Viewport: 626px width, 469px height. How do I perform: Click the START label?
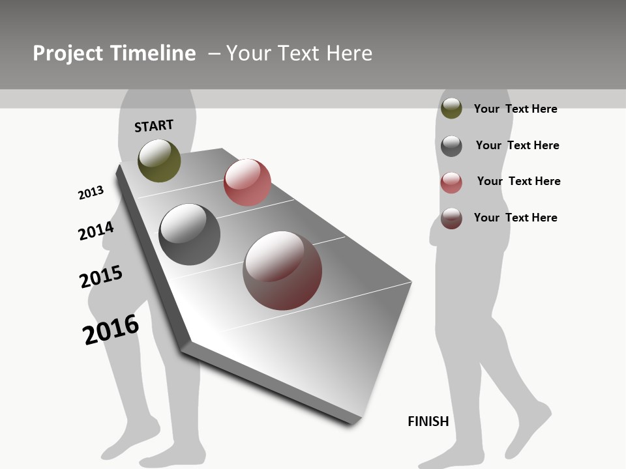click(154, 126)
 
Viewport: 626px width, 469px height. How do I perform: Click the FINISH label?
click(428, 421)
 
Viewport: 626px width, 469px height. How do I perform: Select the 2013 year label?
click(91, 193)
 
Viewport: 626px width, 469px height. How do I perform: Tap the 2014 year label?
click(96, 231)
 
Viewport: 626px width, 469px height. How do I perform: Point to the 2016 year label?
click(111, 330)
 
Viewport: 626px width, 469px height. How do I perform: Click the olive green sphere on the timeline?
click(159, 161)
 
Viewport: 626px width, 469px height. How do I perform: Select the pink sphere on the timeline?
click(247, 182)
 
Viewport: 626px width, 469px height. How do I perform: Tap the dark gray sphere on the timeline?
click(189, 234)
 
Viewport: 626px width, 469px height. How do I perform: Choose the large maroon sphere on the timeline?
click(282, 270)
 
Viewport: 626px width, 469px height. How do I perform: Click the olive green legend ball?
click(451, 108)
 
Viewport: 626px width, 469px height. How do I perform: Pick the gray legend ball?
click(451, 145)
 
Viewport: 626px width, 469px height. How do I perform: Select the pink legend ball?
click(451, 182)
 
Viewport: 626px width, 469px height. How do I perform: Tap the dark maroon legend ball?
click(451, 218)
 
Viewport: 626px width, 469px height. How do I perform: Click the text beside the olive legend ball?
click(515, 109)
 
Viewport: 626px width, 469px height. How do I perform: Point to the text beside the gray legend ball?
click(517, 145)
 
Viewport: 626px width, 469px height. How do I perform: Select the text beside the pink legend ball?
click(518, 181)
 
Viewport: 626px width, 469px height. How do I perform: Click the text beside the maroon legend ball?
click(515, 218)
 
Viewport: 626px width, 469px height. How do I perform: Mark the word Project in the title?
click(68, 53)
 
